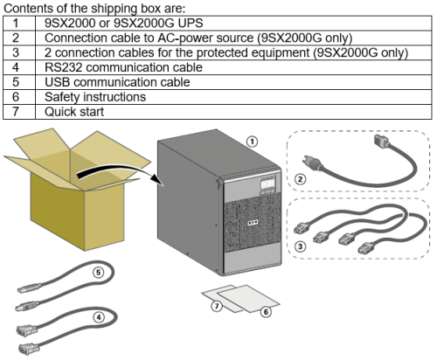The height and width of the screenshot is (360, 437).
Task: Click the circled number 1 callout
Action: click(x=253, y=142)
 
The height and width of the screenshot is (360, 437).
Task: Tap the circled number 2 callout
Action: click(x=300, y=178)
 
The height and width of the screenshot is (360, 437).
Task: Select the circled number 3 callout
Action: click(x=300, y=246)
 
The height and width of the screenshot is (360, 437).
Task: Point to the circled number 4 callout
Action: click(x=99, y=317)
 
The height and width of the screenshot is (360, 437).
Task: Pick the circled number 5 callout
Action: click(x=99, y=273)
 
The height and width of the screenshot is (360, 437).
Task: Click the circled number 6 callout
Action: click(x=266, y=312)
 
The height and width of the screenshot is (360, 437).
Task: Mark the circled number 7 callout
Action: click(x=217, y=306)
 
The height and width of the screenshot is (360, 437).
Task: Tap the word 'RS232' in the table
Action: click(x=63, y=67)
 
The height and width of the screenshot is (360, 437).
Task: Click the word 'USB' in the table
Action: click(x=57, y=82)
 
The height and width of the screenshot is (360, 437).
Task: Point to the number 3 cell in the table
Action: click(x=16, y=52)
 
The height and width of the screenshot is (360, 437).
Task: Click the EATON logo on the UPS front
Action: click(x=253, y=223)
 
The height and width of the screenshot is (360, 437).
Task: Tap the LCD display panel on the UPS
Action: click(x=267, y=183)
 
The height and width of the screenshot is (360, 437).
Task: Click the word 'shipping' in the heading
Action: click(x=114, y=9)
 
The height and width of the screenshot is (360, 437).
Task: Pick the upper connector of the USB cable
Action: click(x=29, y=288)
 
